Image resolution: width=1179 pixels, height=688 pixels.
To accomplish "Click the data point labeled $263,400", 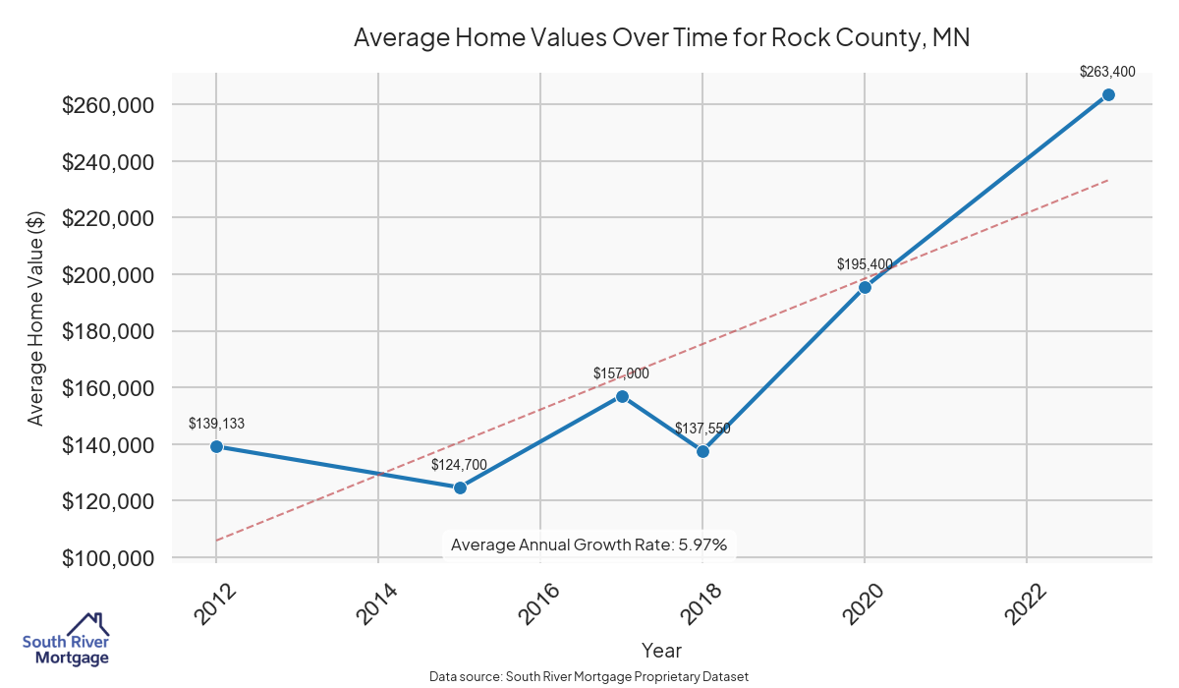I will coord(1107,94).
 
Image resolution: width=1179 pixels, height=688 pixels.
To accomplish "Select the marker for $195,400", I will coord(865,287).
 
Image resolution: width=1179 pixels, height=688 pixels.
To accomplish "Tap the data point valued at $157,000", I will coord(622,396).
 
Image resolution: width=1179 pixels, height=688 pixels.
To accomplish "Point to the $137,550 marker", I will coord(702,451).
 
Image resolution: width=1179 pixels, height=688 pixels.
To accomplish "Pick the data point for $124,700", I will coord(460,487).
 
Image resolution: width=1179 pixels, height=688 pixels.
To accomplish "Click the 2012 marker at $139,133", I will coord(216,446).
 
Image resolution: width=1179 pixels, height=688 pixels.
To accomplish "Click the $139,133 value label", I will coord(216,424).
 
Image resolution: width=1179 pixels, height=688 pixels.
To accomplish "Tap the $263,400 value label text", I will coord(1107,71).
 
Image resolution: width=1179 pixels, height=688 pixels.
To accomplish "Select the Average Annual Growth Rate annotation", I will coord(589,545).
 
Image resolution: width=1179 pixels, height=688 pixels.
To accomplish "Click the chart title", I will coord(661,38).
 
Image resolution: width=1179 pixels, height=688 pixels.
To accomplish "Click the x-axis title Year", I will coord(661,650).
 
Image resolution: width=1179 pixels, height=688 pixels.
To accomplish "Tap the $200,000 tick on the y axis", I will coord(108,275).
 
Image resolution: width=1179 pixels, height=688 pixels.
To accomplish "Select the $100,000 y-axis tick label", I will coord(108,558).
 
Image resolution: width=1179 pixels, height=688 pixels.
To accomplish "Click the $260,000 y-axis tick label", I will coord(108,105).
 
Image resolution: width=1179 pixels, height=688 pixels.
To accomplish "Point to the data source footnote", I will coord(589,676).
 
